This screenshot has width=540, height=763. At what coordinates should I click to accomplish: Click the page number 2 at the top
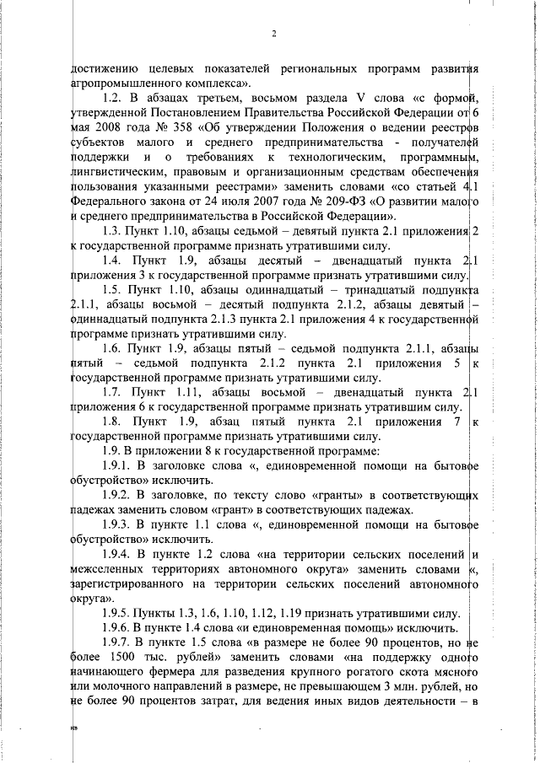(275, 34)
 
